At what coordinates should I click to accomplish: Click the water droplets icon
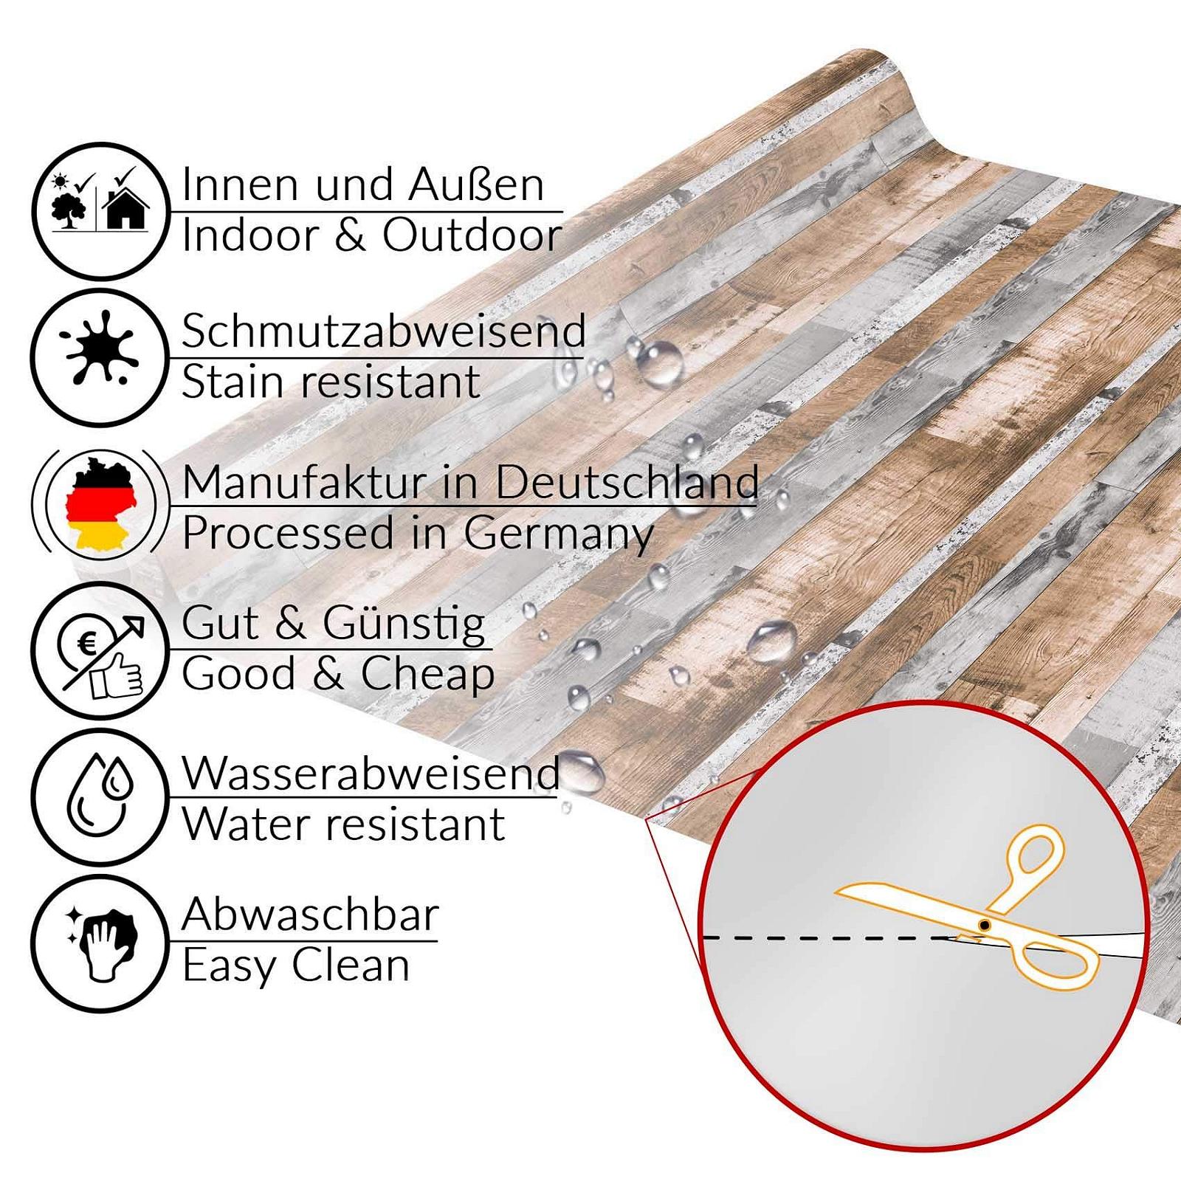(100, 794)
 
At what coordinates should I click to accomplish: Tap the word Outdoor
(472, 235)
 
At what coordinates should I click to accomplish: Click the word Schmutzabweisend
(384, 331)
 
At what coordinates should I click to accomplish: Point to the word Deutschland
(627, 482)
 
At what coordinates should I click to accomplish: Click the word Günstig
(404, 624)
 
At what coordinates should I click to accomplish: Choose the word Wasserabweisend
(371, 774)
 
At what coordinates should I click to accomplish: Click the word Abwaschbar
(310, 915)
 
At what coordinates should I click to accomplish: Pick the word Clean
(351, 965)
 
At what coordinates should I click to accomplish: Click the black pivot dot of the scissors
(984, 925)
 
